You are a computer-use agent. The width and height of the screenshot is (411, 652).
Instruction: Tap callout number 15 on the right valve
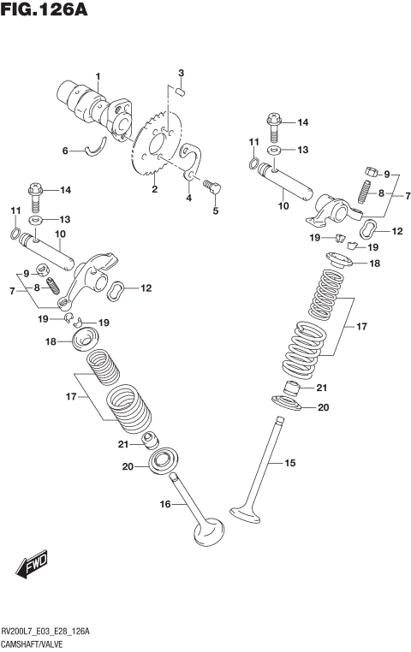(289, 463)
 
